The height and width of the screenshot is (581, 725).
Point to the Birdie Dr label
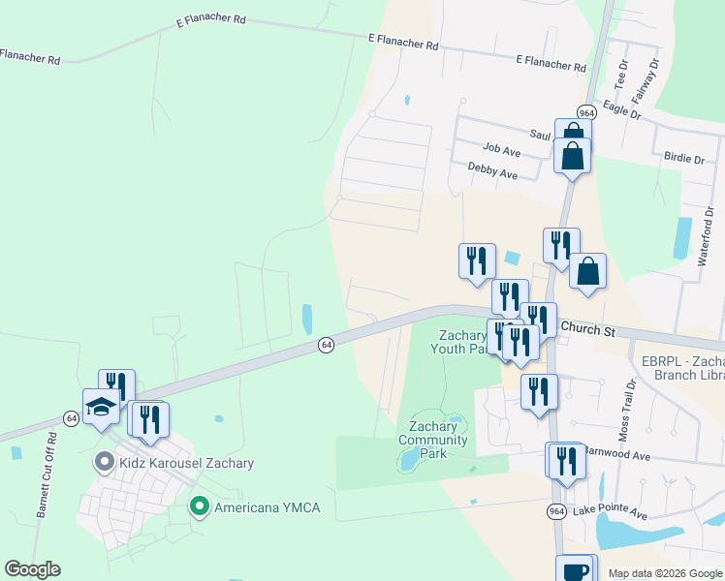[x=684, y=157]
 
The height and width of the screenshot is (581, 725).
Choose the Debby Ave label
[x=492, y=171]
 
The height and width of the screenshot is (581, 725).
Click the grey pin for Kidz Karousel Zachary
[x=104, y=463]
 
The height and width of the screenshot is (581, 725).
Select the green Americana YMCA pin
[x=200, y=506]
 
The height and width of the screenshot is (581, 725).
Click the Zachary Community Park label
[x=433, y=433]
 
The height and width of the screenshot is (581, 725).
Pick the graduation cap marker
[x=101, y=408]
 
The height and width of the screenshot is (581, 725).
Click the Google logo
[x=32, y=569]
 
